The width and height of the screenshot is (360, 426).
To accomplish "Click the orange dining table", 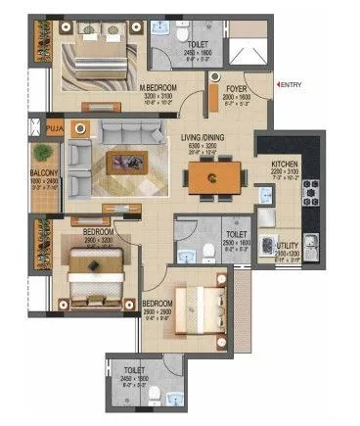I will tap(217, 177).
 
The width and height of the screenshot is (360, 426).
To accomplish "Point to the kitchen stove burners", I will tap(310, 203).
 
